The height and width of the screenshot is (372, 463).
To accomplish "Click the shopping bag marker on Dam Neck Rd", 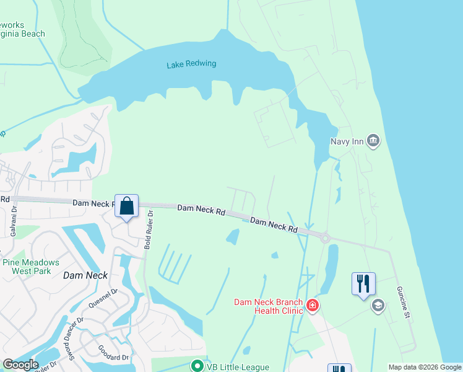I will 126,206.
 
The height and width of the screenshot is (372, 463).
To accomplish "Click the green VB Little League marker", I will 197,366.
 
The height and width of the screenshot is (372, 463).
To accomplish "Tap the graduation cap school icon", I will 378,306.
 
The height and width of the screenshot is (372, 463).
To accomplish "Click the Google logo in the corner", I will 20,365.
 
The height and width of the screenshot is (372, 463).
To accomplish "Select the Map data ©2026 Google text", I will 425,367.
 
